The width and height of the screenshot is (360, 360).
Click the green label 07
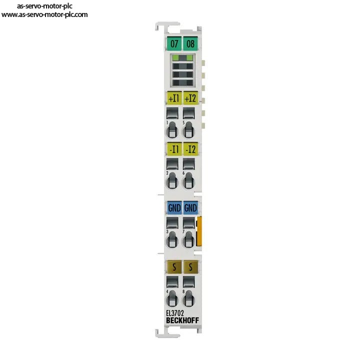174,43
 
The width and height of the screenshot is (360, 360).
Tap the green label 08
190,43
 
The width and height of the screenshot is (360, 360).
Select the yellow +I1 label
174,98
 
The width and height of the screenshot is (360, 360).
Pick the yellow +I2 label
190,98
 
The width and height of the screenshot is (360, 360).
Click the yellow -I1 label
174,149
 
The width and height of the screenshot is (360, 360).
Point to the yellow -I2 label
190,149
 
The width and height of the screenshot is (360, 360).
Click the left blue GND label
174,208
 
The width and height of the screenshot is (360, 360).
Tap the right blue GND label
190,208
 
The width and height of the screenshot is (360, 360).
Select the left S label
174,267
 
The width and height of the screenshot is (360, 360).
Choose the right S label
190,267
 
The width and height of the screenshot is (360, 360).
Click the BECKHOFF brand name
182,320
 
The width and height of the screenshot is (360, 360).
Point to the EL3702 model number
175,313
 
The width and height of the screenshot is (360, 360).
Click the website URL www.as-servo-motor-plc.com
44,14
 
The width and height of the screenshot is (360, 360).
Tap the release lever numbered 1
172,130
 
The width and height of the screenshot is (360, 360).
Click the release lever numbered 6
188,180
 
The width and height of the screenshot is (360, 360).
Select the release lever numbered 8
188,298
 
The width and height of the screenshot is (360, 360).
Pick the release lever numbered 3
172,239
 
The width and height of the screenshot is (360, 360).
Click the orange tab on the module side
199,231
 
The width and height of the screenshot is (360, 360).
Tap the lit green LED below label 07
176,58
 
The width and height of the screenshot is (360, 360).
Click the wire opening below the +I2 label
188,113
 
